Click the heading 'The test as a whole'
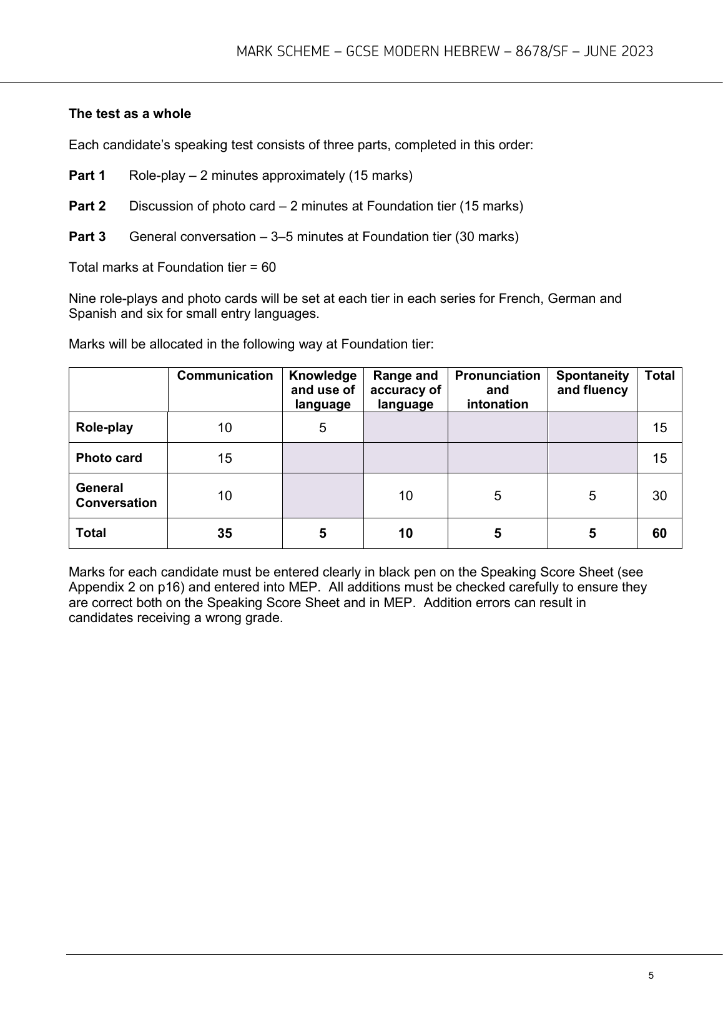pyautogui.click(x=130, y=114)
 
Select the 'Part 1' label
pyautogui.click(x=87, y=175)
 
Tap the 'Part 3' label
pyautogui.click(x=87, y=237)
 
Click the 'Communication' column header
pyautogui.click(x=225, y=376)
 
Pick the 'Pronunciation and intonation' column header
pyautogui.click(x=498, y=390)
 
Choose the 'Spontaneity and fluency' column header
pyautogui.click(x=592, y=383)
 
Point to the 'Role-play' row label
pyautogui.click(x=104, y=428)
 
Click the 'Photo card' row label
pyautogui.click(x=109, y=458)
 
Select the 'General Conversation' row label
pyautogui.click(x=116, y=495)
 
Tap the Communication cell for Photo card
pyautogui.click(x=225, y=458)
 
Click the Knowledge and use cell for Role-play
pyautogui.click(x=323, y=428)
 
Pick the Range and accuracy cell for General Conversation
pyautogui.click(x=405, y=496)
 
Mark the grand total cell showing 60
pyautogui.click(x=659, y=533)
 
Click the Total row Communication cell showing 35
pyautogui.click(x=225, y=533)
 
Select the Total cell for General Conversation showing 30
pyautogui.click(x=659, y=496)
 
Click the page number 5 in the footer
pyautogui.click(x=651, y=976)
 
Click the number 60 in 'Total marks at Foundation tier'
pyautogui.click(x=268, y=267)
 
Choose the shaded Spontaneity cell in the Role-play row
pyautogui.click(x=592, y=428)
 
